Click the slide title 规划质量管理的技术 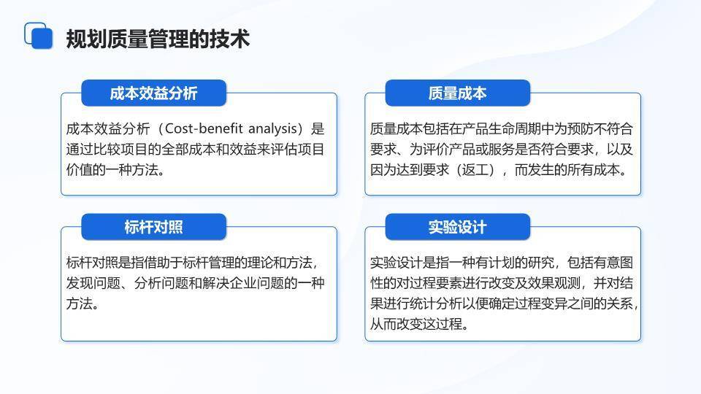158,38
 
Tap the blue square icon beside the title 39,36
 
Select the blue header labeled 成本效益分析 153,93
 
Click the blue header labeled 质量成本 457,93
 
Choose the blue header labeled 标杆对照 153,227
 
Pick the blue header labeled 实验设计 457,227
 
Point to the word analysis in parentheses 269,129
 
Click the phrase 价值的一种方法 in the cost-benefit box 113,170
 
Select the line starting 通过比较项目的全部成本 194,150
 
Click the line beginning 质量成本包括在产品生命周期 501,129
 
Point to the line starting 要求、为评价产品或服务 501,150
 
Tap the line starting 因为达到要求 498,170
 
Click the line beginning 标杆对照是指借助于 191,263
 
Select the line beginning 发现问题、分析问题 194,283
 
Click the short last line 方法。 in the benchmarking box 83,304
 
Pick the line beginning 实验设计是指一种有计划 501,263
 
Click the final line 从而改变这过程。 418,324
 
